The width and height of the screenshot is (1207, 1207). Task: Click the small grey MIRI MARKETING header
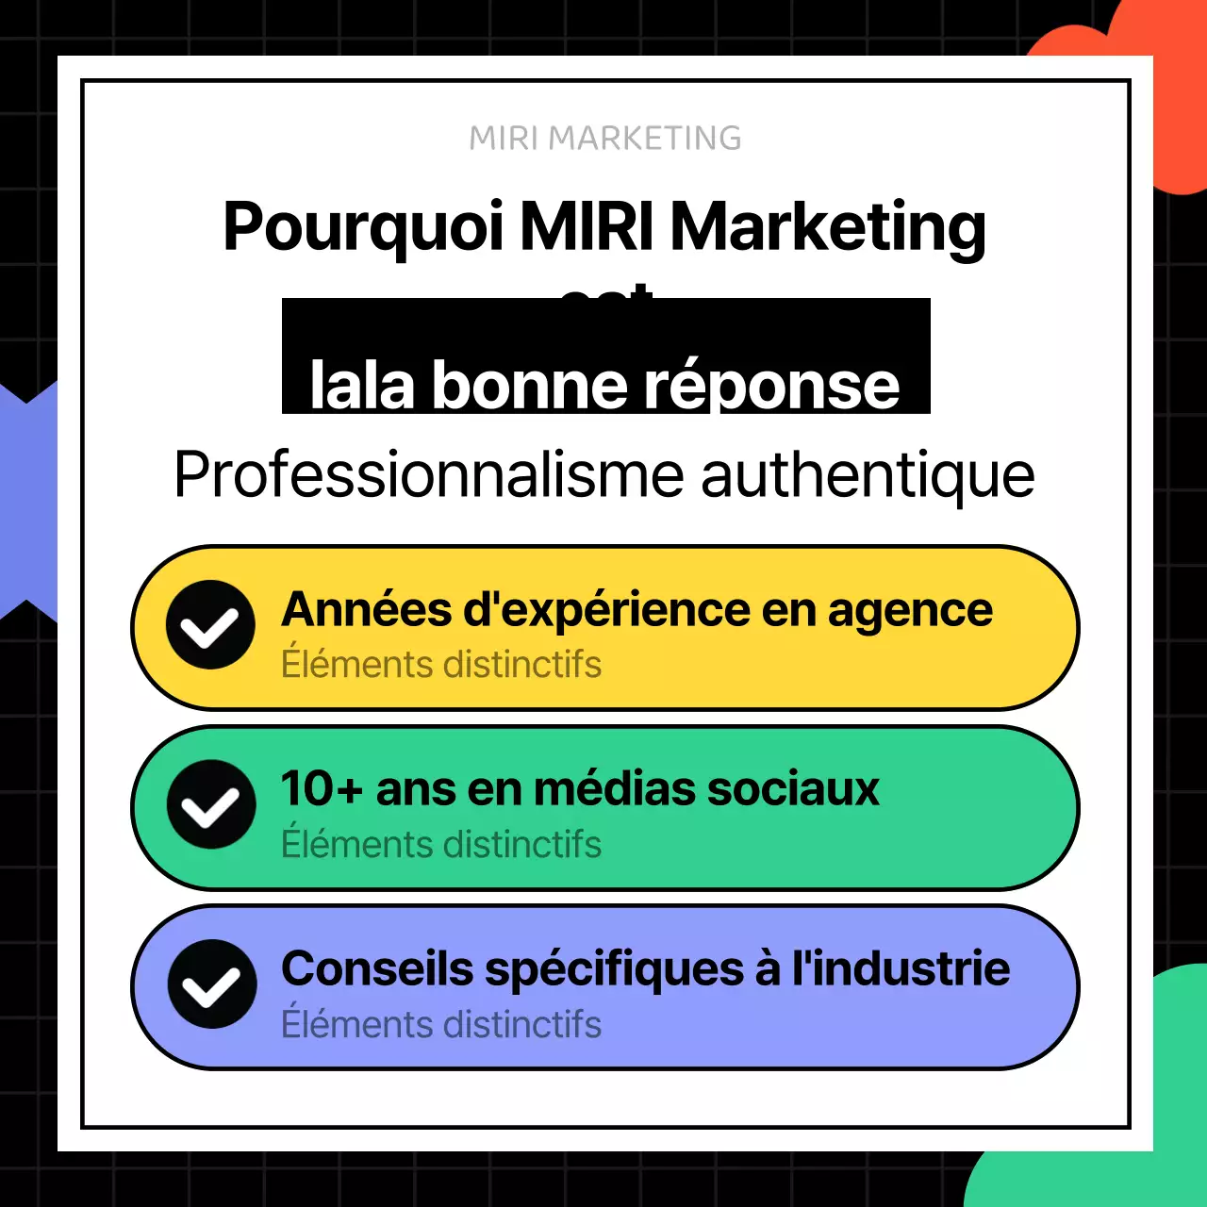(x=604, y=139)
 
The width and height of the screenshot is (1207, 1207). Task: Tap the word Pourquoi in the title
(x=363, y=228)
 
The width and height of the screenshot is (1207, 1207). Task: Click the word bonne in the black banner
(x=530, y=386)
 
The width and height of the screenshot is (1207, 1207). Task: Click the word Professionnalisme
(x=429, y=474)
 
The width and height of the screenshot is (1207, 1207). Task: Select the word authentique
(x=868, y=474)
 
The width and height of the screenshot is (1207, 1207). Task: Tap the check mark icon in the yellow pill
(x=210, y=625)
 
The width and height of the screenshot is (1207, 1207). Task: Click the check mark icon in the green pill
(x=210, y=804)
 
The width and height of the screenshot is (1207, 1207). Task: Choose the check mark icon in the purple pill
(x=211, y=984)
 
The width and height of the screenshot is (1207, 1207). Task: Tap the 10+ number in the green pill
(x=321, y=789)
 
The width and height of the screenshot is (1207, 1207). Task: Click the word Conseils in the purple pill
(x=377, y=969)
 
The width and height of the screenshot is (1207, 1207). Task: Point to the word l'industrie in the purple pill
(x=901, y=969)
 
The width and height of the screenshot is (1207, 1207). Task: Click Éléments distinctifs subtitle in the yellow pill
(x=441, y=665)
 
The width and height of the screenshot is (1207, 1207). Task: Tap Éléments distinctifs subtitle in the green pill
(x=441, y=845)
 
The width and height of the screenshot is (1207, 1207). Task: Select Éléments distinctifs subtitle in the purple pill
(x=441, y=1025)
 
